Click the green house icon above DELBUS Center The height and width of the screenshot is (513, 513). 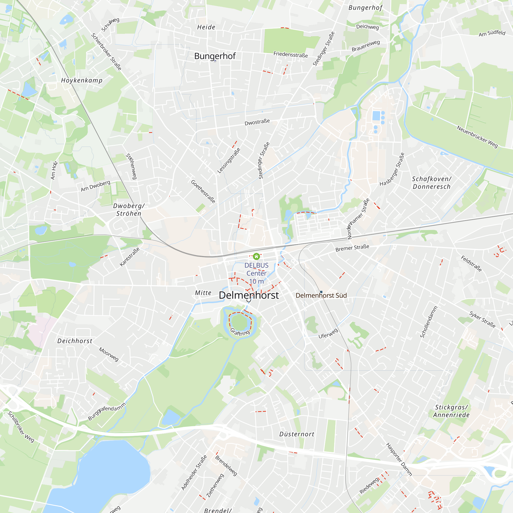coord(256,256)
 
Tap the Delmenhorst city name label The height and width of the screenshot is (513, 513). coord(249,295)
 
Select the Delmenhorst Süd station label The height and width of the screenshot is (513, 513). coord(321,295)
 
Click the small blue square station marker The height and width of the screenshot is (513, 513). coord(321,292)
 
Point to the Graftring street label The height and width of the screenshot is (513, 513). coord(240,332)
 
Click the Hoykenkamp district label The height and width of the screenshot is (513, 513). coord(82,80)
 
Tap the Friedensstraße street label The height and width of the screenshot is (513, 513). coord(291,55)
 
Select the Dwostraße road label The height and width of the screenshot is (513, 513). coord(257,122)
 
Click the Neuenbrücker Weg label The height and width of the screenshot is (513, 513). coord(477,136)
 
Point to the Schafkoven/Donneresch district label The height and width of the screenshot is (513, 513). coord(431,183)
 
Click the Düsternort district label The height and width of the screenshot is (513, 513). coord(297,434)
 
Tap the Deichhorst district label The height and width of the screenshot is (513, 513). coord(75,341)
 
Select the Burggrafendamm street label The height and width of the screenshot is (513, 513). coord(106,411)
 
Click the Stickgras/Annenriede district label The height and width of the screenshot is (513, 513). coord(451,411)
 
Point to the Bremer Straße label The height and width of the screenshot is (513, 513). coord(352,248)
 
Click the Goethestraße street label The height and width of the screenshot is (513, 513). coord(203,191)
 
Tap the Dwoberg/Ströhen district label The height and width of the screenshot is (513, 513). coord(129,210)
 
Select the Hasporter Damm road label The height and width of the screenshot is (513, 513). coord(399,459)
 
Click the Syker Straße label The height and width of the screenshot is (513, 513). coord(482,319)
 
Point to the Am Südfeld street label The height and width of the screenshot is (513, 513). coord(492,33)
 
